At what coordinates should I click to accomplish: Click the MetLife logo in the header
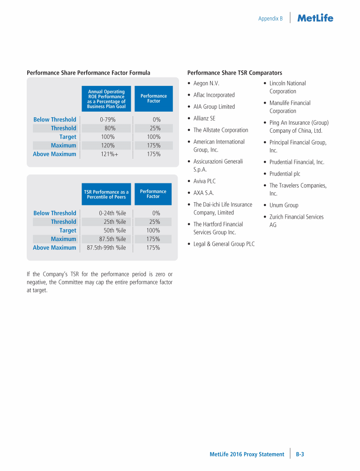click(x=315, y=18)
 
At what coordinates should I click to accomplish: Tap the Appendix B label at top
click(x=270, y=19)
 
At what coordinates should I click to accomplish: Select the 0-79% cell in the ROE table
click(x=108, y=120)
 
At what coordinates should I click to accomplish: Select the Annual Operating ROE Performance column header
click(x=106, y=99)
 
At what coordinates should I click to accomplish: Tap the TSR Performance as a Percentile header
click(x=106, y=194)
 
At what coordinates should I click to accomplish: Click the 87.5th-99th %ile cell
click(x=106, y=248)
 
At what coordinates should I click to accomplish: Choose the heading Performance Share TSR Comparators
click(x=234, y=73)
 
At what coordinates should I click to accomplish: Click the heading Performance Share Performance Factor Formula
click(x=89, y=73)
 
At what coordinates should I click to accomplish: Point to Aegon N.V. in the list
click(x=206, y=84)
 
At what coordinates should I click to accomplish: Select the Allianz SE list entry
click(x=204, y=118)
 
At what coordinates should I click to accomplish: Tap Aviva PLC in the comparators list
click(x=204, y=181)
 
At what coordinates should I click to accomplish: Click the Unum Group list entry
click(x=284, y=205)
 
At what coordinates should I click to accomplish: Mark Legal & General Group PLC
click(x=224, y=244)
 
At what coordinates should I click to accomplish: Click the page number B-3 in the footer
click(x=300, y=454)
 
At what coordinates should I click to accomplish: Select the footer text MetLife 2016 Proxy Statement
click(x=247, y=454)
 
